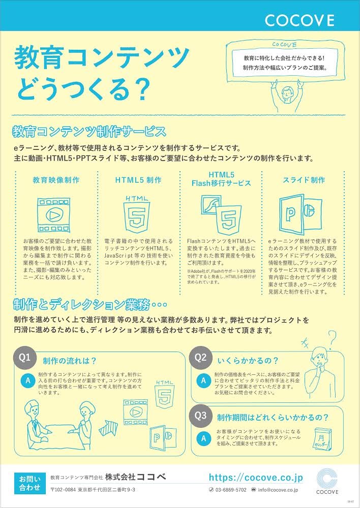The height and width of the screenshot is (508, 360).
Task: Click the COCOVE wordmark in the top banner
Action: tap(299, 20)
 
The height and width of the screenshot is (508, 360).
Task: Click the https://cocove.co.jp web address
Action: tap(256, 477)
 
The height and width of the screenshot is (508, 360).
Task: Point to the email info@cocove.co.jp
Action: tap(278, 490)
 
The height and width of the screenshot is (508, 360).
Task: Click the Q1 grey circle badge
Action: tap(25, 357)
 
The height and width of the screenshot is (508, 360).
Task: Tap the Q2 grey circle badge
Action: tap(201, 357)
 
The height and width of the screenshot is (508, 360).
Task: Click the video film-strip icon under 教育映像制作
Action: tap(56, 213)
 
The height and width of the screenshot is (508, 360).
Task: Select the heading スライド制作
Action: tap(304, 180)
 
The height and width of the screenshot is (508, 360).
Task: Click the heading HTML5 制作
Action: tap(138, 180)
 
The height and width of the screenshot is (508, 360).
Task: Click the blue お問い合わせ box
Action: tap(29, 483)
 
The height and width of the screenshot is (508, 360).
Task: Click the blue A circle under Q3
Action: tap(203, 438)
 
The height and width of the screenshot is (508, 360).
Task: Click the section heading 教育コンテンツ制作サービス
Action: tap(89, 132)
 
